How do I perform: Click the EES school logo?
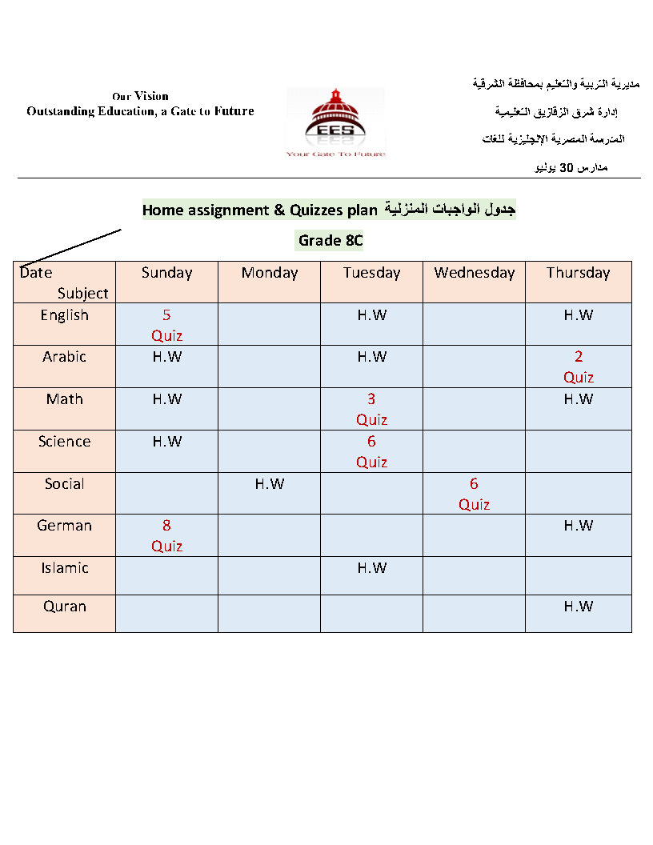(x=335, y=122)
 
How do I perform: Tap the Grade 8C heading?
(x=331, y=240)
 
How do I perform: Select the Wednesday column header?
(x=474, y=273)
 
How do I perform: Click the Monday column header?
(x=269, y=273)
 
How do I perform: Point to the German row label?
(x=64, y=526)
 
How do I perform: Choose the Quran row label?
(x=64, y=607)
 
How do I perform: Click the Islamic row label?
(x=64, y=568)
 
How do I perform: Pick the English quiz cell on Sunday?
(x=166, y=325)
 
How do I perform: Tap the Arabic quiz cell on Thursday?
(x=578, y=366)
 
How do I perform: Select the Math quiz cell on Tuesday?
(x=371, y=409)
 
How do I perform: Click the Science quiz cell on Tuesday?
(x=371, y=451)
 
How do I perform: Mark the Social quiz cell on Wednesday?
(x=474, y=494)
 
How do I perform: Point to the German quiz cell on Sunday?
(x=166, y=535)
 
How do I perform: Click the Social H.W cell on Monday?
(x=269, y=484)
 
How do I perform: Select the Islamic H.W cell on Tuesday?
(x=371, y=568)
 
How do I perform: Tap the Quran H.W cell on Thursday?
(x=578, y=607)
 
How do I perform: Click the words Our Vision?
(x=140, y=96)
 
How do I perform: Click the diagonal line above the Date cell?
(x=70, y=247)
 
